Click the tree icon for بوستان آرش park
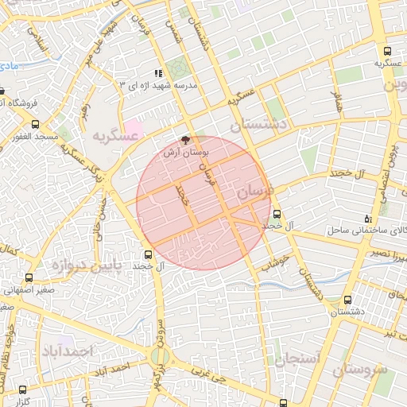186,140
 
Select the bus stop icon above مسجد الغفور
35,124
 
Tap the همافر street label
338,101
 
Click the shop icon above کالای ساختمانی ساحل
366,218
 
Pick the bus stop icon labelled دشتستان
348,300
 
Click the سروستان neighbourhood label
360,370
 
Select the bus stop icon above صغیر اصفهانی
29,278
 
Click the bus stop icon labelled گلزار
21,390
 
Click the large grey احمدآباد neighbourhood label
68,351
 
